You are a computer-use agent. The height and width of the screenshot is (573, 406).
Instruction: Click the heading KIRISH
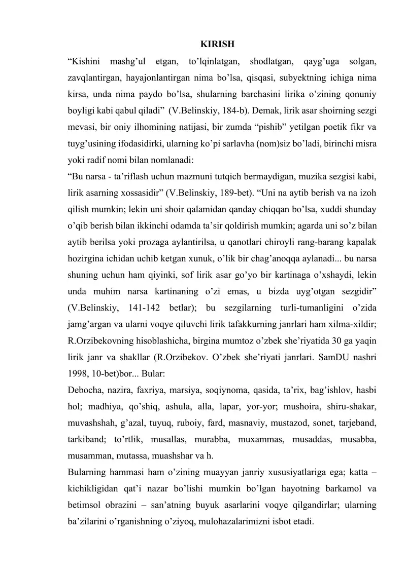click(217, 44)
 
